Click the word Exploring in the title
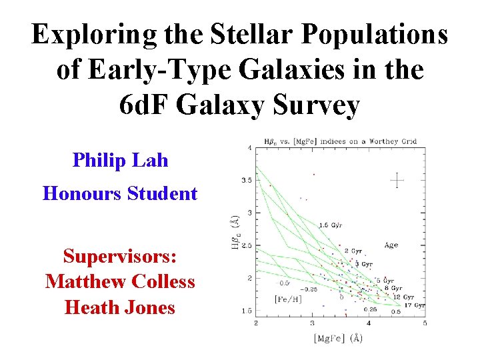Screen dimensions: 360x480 coord(86,35)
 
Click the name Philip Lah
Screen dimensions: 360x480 coord(120,160)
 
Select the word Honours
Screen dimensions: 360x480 coord(81,194)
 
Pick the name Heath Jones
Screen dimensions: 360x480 coord(120,307)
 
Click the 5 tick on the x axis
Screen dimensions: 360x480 coord(425,323)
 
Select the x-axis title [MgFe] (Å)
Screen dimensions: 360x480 coord(338,338)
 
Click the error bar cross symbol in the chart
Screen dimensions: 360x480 coord(397,179)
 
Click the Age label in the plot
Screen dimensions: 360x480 coord(391,245)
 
